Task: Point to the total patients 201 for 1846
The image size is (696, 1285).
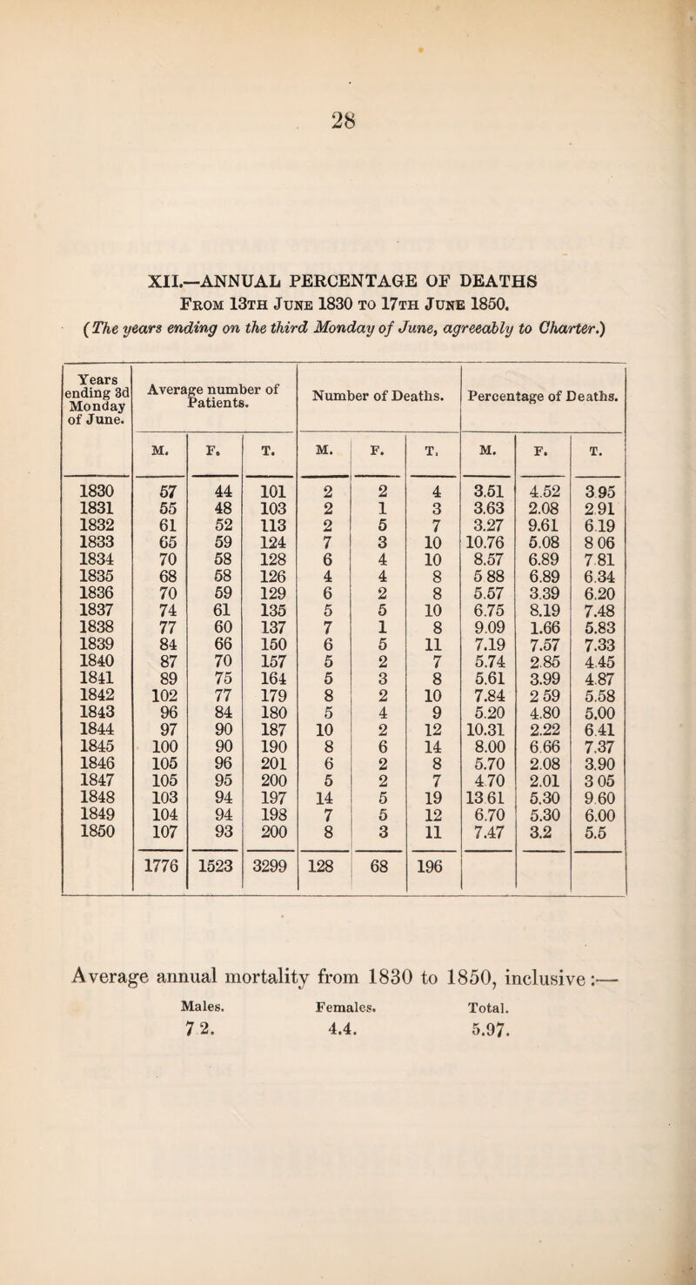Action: [x=263, y=742]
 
